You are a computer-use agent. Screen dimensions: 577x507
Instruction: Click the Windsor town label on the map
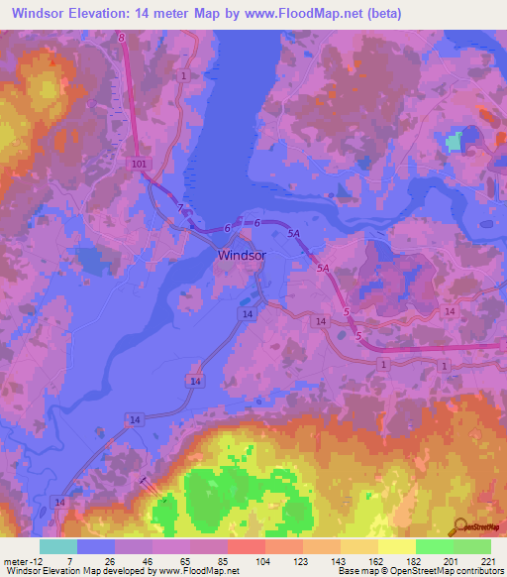(x=242, y=255)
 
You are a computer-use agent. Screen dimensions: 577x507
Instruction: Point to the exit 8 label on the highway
(x=122, y=37)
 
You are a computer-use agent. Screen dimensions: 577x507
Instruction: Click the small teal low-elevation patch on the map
(x=455, y=142)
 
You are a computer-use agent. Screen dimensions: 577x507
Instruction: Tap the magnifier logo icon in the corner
(x=459, y=526)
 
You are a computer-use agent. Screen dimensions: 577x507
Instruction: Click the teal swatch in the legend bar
(x=57, y=546)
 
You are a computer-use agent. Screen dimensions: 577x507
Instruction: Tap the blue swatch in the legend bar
(x=96, y=546)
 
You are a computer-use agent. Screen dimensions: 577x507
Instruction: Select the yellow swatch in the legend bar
(x=395, y=546)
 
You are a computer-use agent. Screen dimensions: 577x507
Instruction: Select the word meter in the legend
(x=12, y=560)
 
